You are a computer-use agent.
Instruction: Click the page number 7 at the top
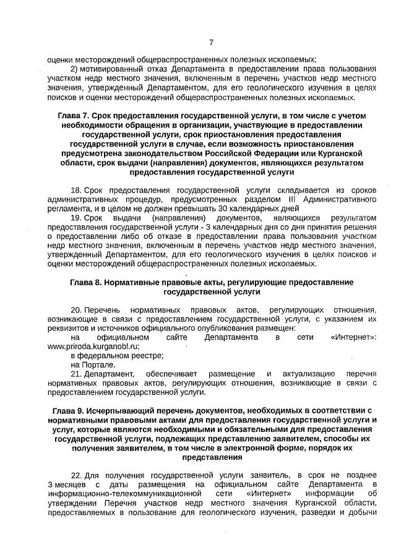210,43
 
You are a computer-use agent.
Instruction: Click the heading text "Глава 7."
74,116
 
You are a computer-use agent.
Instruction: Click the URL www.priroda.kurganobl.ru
93,347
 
